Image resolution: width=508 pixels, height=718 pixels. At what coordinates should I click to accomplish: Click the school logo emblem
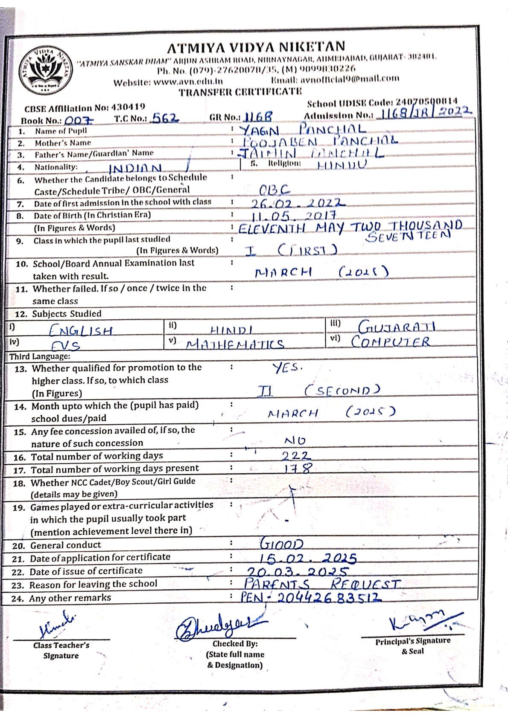tap(47, 70)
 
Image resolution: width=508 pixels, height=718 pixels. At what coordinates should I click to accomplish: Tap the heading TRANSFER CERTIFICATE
tap(240, 92)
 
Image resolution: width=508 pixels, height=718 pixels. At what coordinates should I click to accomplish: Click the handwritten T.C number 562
tap(166, 118)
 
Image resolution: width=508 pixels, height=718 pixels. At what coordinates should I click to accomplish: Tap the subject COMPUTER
tap(390, 342)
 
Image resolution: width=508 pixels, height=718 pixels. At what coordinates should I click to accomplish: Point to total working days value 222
tap(296, 456)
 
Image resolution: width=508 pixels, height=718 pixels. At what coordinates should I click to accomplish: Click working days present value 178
tap(298, 469)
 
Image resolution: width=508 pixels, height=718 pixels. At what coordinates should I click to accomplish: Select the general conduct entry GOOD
tap(282, 544)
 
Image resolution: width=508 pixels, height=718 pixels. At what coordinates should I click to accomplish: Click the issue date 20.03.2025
tap(298, 571)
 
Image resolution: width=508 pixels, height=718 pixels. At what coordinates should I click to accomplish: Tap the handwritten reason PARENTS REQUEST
tap(322, 584)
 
